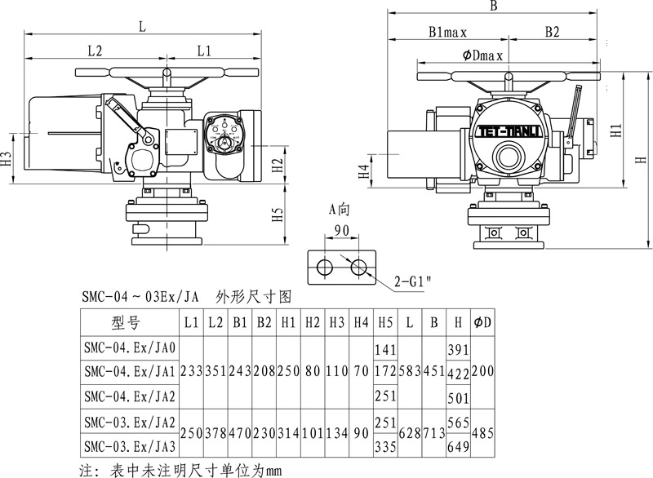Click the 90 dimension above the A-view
341,230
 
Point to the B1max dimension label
446,33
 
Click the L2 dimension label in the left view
95,51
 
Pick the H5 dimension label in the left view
278,215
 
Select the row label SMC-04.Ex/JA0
129,347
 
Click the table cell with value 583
410,372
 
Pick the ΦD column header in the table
482,321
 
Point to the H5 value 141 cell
385,348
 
